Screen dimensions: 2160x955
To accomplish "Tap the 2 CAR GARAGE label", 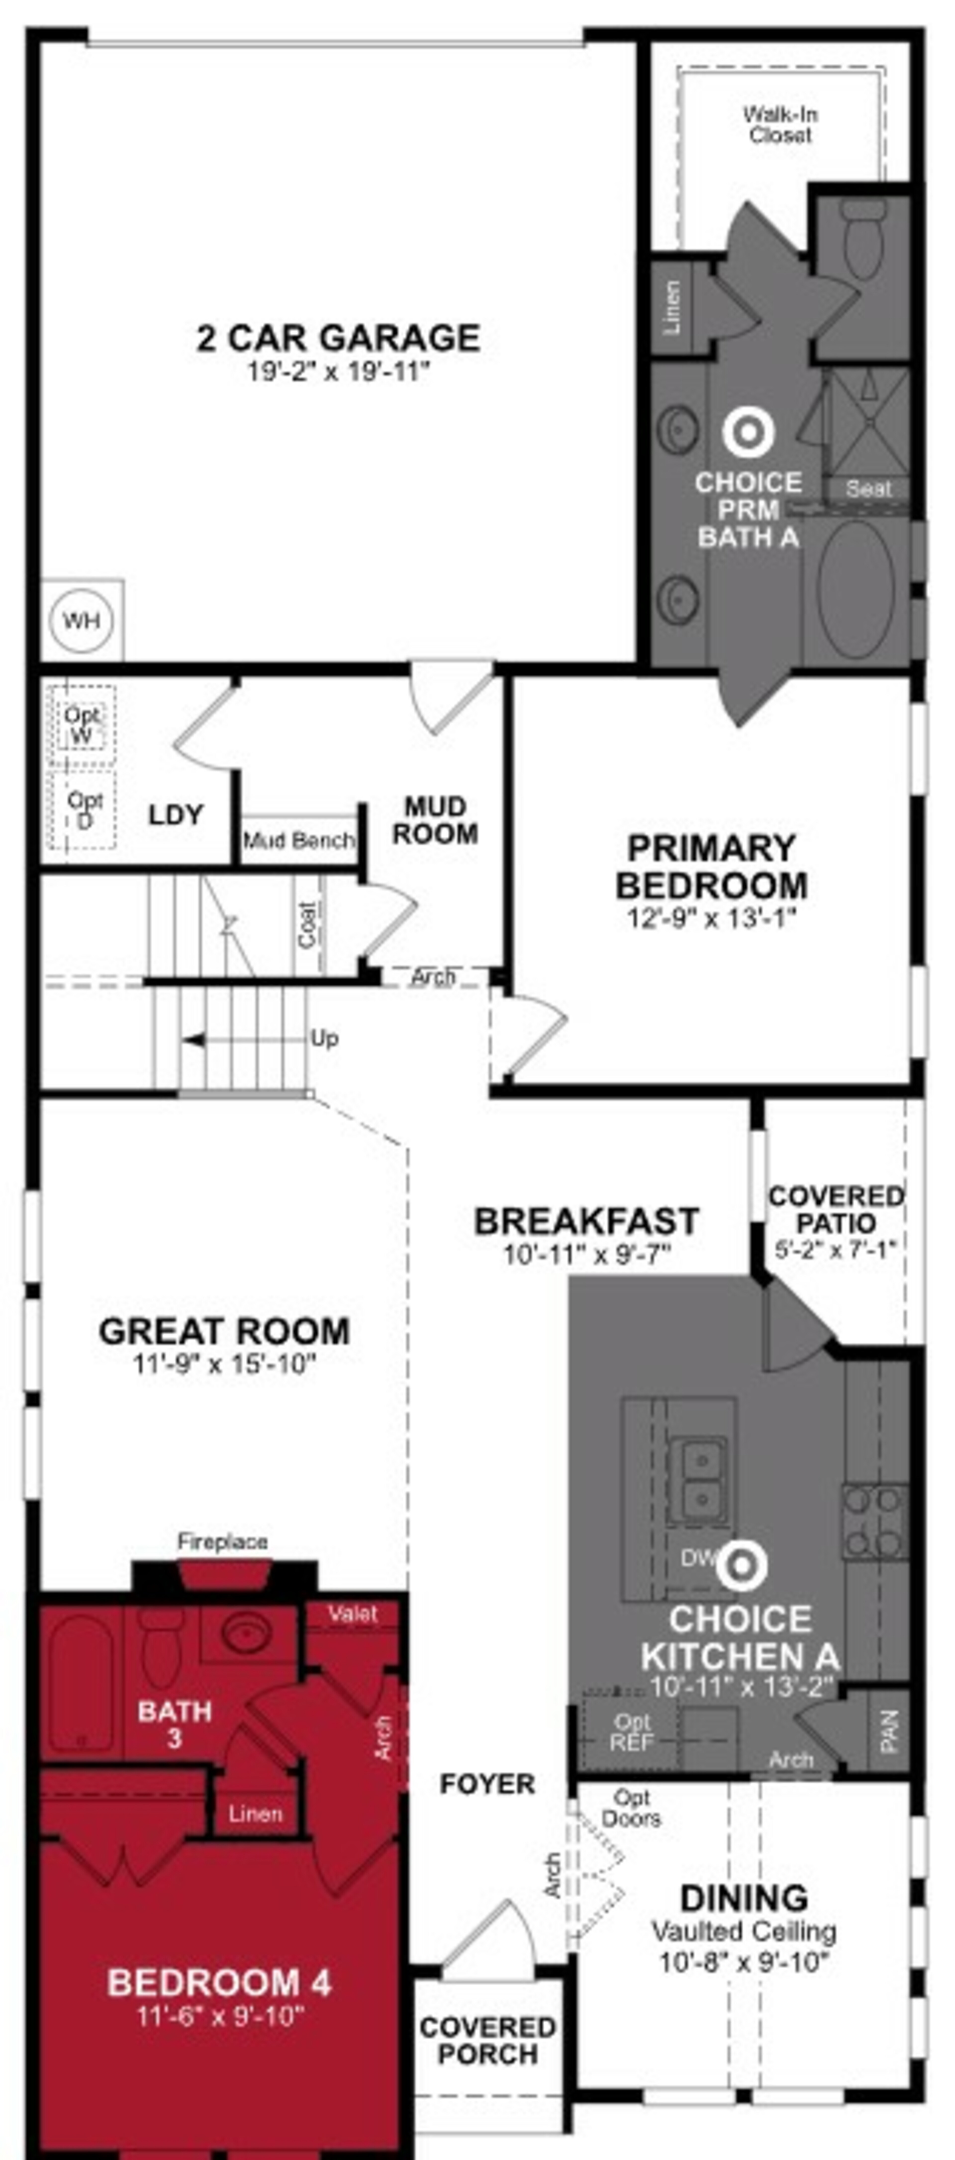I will (x=338, y=338).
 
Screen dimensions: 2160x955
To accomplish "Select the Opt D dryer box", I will (x=84, y=810).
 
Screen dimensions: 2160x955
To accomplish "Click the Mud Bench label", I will (x=298, y=840).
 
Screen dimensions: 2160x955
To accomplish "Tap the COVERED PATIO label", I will (x=836, y=1208).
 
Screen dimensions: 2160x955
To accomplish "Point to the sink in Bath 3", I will (x=245, y=1633).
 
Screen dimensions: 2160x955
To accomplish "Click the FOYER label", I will (x=487, y=1783).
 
